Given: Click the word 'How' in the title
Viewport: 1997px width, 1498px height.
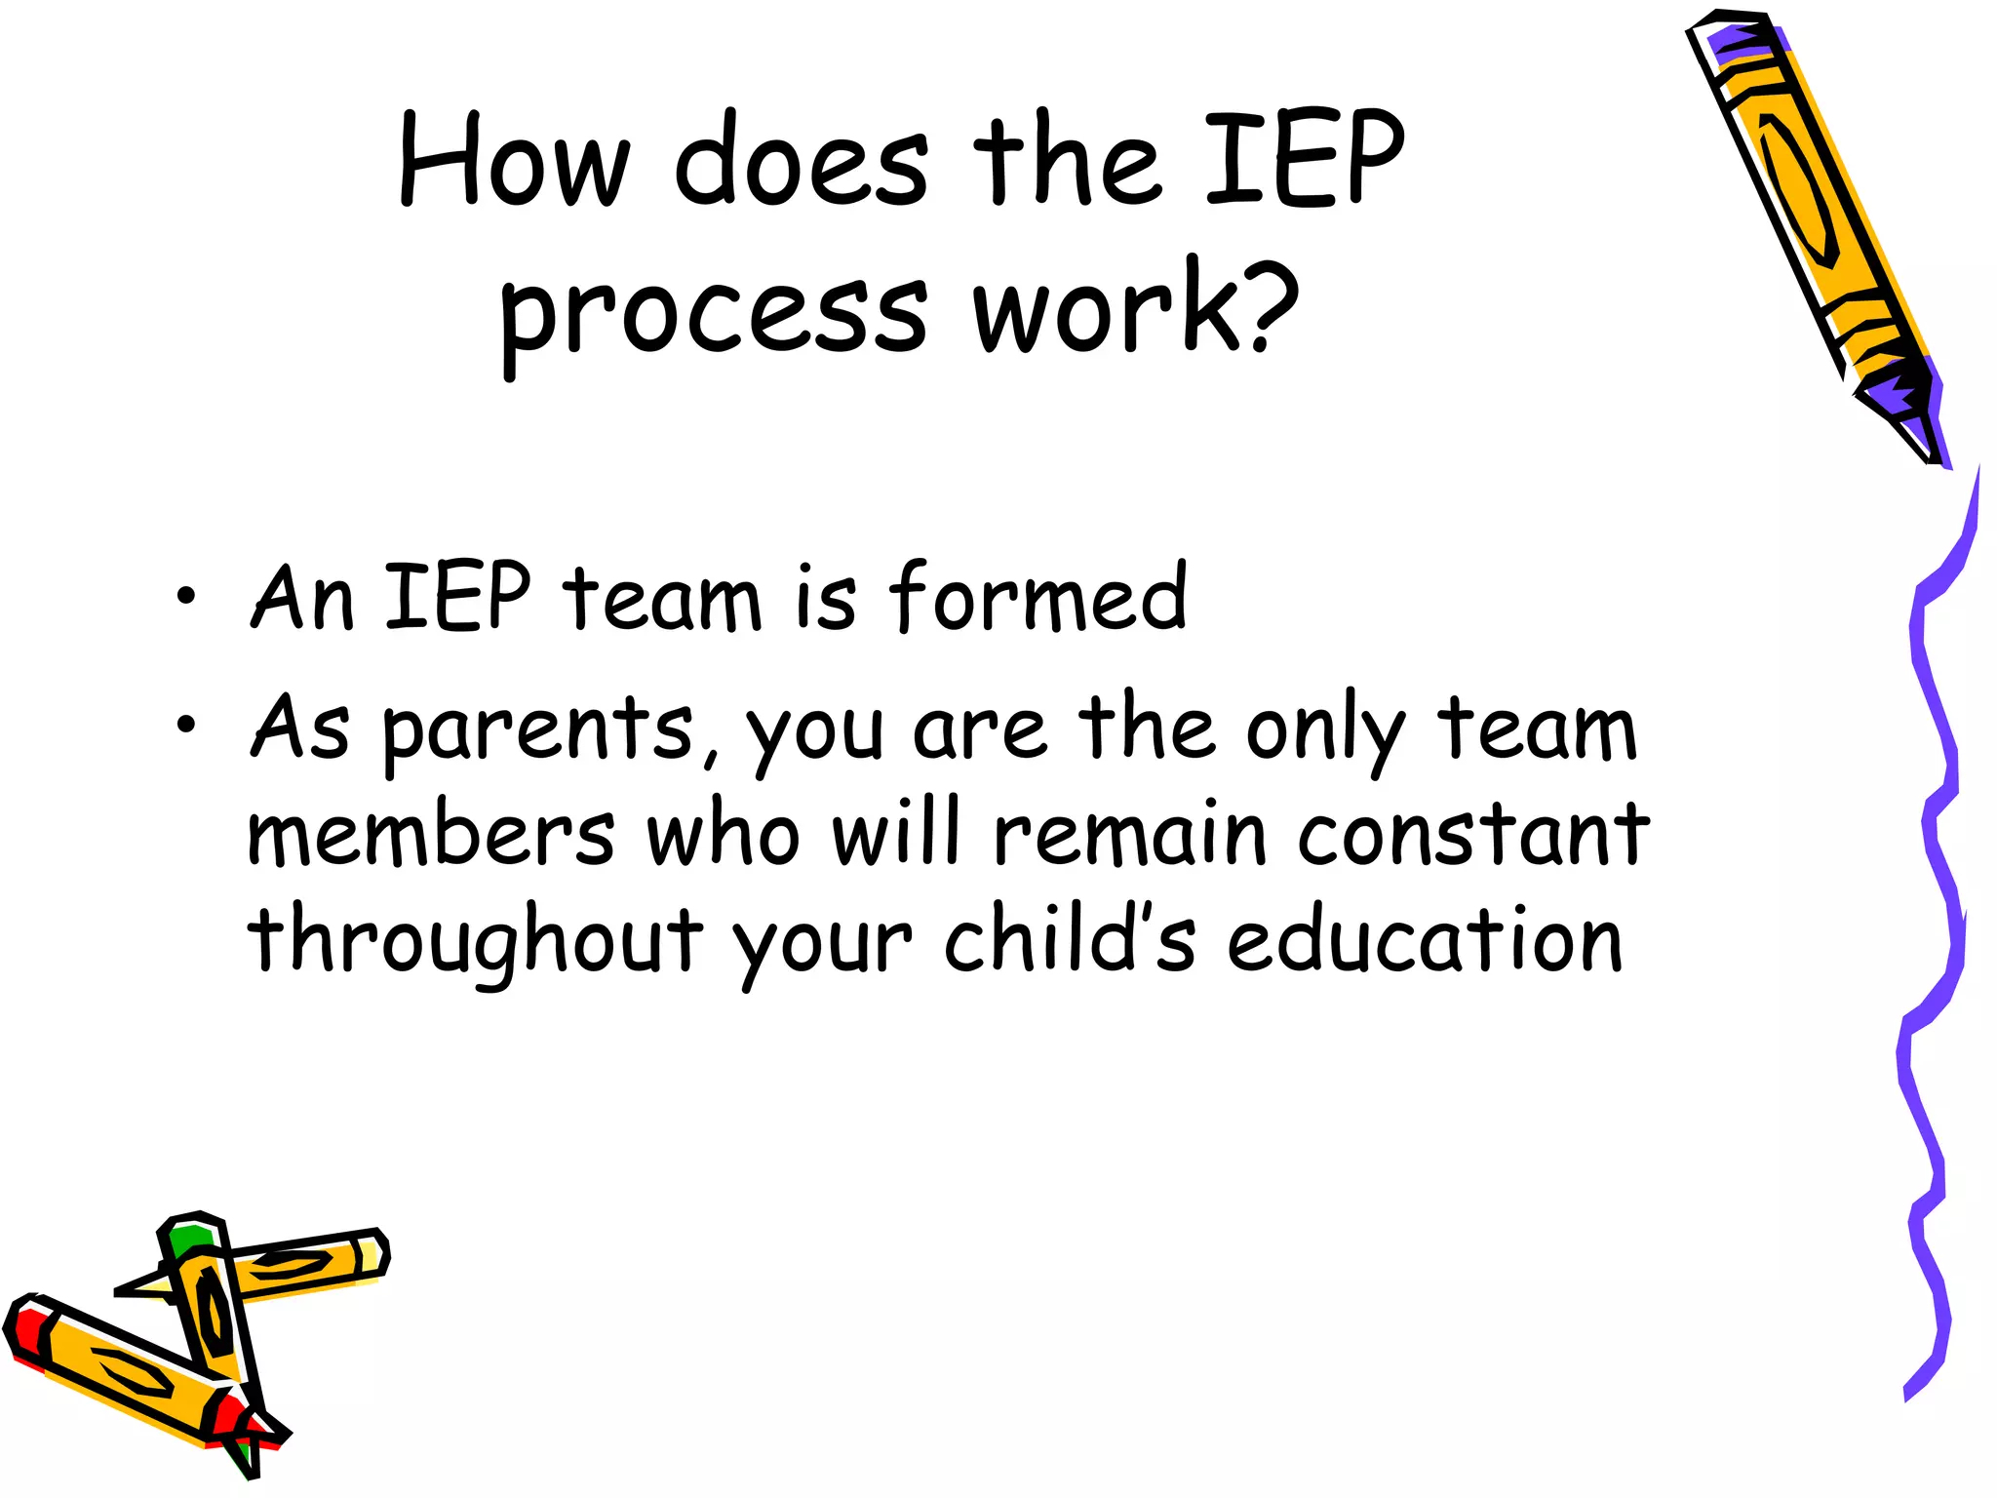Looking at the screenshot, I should tap(515, 161).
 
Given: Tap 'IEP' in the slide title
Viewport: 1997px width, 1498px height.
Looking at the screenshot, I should tap(1305, 161).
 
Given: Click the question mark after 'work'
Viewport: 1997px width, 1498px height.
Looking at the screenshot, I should tap(1271, 307).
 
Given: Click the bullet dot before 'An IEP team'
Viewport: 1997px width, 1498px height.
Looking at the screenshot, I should tap(185, 596).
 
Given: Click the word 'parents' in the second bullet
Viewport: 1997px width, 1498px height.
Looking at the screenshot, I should tap(537, 731).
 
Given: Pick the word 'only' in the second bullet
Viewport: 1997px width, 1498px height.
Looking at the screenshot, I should tap(1324, 731).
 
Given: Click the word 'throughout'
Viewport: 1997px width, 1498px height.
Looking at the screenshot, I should tap(475, 941).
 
